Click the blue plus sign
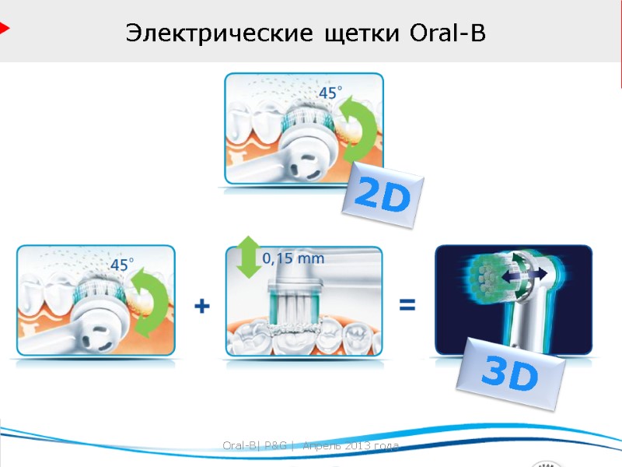coord(201,307)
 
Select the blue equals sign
coord(407,306)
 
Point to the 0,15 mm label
coord(292,257)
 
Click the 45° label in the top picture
coord(330,93)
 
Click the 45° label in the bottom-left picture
coord(121,265)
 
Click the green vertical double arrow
coord(248,257)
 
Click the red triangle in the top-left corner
coord(4,29)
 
